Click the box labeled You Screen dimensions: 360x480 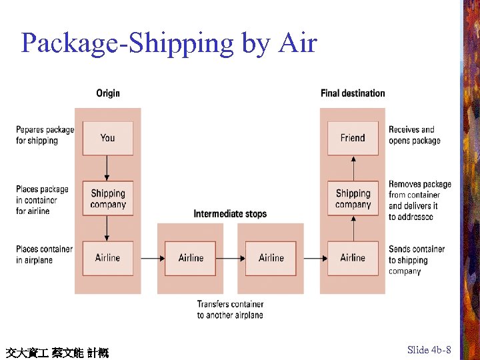[x=107, y=138]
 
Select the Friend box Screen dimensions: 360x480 [x=353, y=138]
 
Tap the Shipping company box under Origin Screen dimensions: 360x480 [x=107, y=198]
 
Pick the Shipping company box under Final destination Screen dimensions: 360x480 [x=353, y=198]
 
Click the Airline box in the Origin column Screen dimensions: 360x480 [x=107, y=258]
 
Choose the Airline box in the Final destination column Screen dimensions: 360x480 [x=353, y=258]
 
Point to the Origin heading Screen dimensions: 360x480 [x=108, y=93]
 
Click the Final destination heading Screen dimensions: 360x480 [x=353, y=93]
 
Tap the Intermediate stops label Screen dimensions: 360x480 [x=230, y=214]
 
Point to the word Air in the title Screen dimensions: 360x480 [x=297, y=43]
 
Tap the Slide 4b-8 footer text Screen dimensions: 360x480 [x=429, y=350]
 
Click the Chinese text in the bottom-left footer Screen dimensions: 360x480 [x=57, y=352]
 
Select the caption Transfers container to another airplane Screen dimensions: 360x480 [x=230, y=309]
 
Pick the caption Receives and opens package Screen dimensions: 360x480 [x=414, y=135]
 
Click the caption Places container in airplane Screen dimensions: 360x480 [x=44, y=255]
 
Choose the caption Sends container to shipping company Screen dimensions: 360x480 [x=417, y=260]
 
